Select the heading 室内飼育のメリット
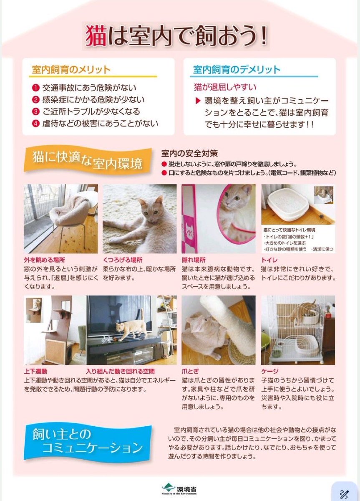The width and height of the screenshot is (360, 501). point(71,69)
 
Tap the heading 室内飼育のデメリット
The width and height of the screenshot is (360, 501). point(237,69)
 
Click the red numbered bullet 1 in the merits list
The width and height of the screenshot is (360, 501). point(35,88)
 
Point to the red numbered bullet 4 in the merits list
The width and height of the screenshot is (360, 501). point(35,124)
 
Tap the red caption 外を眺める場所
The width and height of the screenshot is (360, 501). point(45,259)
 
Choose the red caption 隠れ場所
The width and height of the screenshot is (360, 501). point(194,259)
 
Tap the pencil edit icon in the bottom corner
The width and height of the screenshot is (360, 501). point(345,492)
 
